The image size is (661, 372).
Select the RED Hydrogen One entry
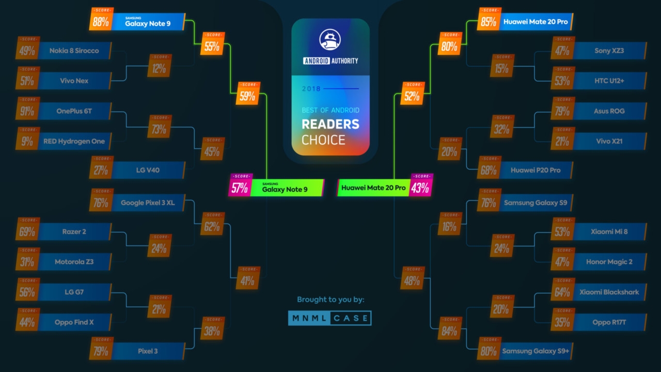pyautogui.click(x=74, y=141)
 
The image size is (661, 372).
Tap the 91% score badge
pyautogui.click(x=28, y=111)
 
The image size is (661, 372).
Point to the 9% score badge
pyautogui.click(x=28, y=141)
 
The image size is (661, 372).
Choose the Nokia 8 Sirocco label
pyautogui.click(x=74, y=51)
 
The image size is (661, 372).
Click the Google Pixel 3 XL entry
pyautogui.click(x=148, y=203)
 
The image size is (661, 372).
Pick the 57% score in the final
pyautogui.click(x=240, y=188)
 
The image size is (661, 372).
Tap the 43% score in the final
pyautogui.click(x=420, y=188)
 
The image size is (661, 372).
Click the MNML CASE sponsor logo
pyautogui.click(x=330, y=318)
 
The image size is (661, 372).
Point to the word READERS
pyautogui.click(x=330, y=125)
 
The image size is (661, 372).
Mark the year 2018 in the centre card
pyautogui.click(x=311, y=89)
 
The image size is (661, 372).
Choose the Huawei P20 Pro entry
pyautogui.click(x=535, y=170)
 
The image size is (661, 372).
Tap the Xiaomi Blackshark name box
pyautogui.click(x=609, y=292)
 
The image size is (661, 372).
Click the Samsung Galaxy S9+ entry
pyautogui.click(x=535, y=351)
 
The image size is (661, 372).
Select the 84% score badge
pyautogui.click(x=449, y=331)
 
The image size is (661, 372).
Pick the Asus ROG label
pyautogui.click(x=609, y=111)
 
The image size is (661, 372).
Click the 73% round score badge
pyautogui.click(x=159, y=129)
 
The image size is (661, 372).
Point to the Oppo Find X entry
pyautogui.click(x=74, y=322)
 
